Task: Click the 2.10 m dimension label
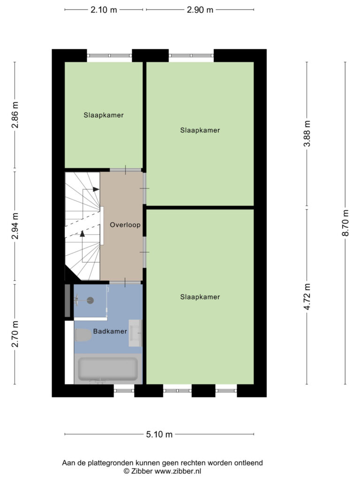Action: pos(104,10)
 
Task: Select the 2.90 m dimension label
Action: pos(200,10)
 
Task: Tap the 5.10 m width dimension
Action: pos(159,434)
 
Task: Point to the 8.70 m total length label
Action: pos(345,223)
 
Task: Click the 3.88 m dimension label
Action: pos(307,134)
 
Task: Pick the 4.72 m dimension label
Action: pos(307,297)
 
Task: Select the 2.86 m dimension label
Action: pos(15,115)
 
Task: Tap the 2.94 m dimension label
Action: pos(15,226)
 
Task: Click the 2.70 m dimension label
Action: pos(15,334)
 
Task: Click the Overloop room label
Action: pos(125,225)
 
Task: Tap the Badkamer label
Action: pos(110,331)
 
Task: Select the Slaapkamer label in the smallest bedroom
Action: pos(104,115)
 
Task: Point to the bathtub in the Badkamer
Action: pos(108,369)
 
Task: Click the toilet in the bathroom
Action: pos(83,335)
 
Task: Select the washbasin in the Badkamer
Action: pos(135,333)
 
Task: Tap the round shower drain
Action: pos(90,300)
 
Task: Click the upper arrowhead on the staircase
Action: pos(96,189)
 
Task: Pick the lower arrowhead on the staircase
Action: pos(82,233)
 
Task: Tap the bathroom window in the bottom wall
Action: pos(124,390)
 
